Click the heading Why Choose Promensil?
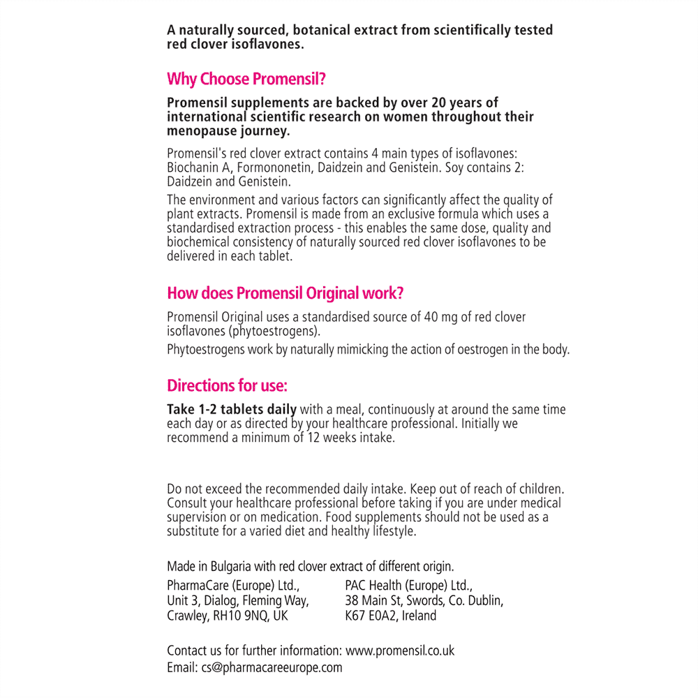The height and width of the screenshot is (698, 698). pyautogui.click(x=246, y=79)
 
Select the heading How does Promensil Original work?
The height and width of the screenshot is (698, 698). pyautogui.click(x=285, y=293)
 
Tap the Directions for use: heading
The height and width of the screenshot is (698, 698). pyautogui.click(x=227, y=385)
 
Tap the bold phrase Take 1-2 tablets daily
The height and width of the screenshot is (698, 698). pyautogui.click(x=232, y=410)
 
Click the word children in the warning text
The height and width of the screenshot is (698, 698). pyautogui.click(x=538, y=489)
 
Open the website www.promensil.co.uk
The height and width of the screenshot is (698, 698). pyautogui.click(x=400, y=651)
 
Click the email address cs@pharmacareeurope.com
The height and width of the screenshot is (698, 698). pyautogui.click(x=272, y=667)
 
